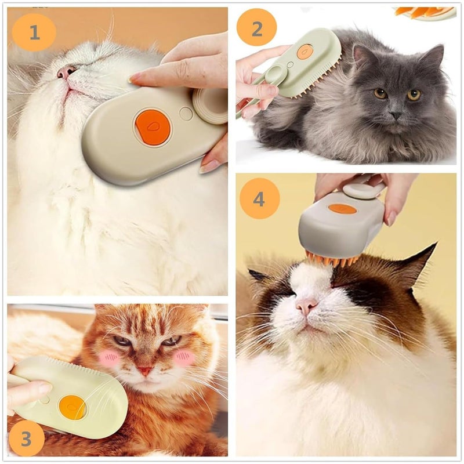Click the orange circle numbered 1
pos(34,32)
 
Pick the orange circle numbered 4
pos(259,198)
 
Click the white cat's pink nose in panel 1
pos(66,71)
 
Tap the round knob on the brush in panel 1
pos(210,106)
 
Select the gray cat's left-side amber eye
pos(380,93)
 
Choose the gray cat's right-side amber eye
pos(414,95)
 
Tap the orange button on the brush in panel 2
pos(305,52)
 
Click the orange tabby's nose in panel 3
pos(145,369)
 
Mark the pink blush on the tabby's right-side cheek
pos(184,358)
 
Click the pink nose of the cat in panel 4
pos(306,306)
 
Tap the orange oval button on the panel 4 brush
pos(342,209)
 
